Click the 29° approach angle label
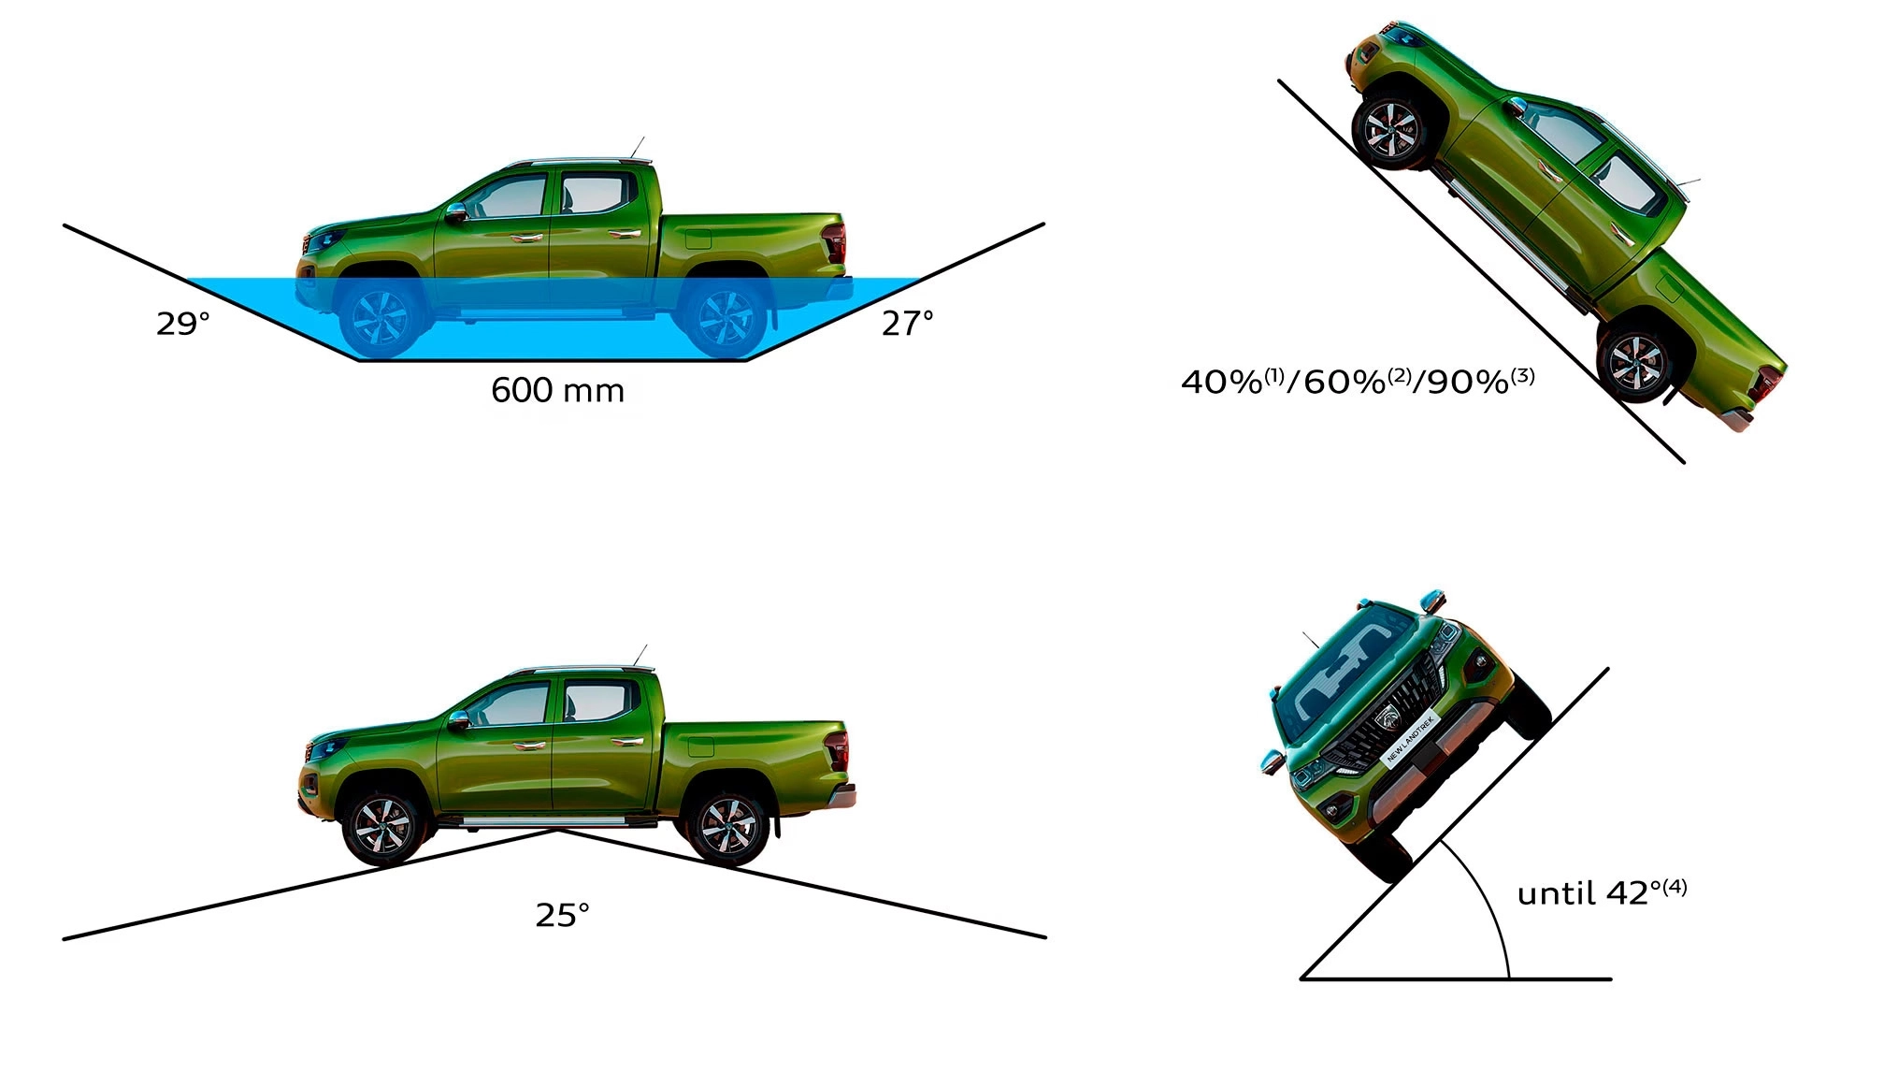tap(183, 324)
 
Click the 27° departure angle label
tap(908, 324)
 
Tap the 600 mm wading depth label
tap(558, 390)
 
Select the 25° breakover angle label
tap(562, 914)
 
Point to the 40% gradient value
tap(1222, 382)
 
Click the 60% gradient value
tap(1344, 382)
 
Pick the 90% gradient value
tap(1468, 382)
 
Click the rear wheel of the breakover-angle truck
tap(726, 826)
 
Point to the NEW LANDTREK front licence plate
tap(1409, 740)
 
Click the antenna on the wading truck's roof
tap(638, 149)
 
